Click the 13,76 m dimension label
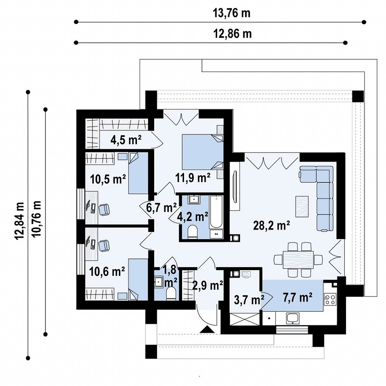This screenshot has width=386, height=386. (x=231, y=13)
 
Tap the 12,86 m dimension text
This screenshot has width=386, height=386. (x=232, y=34)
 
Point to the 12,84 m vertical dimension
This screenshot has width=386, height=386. (x=20, y=221)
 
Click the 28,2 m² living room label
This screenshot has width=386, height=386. (x=271, y=225)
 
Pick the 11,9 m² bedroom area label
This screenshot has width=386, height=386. (x=193, y=177)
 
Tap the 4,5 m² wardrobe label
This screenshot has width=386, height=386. (x=126, y=140)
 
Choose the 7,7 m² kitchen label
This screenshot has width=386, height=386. (x=298, y=297)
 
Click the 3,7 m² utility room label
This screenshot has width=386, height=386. (x=249, y=300)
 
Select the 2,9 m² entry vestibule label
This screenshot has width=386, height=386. (x=208, y=286)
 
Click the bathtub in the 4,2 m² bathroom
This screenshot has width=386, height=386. (x=216, y=212)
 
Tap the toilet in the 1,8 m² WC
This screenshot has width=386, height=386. (x=172, y=294)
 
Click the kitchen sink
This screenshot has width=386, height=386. (x=293, y=319)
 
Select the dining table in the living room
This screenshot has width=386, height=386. (x=298, y=260)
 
